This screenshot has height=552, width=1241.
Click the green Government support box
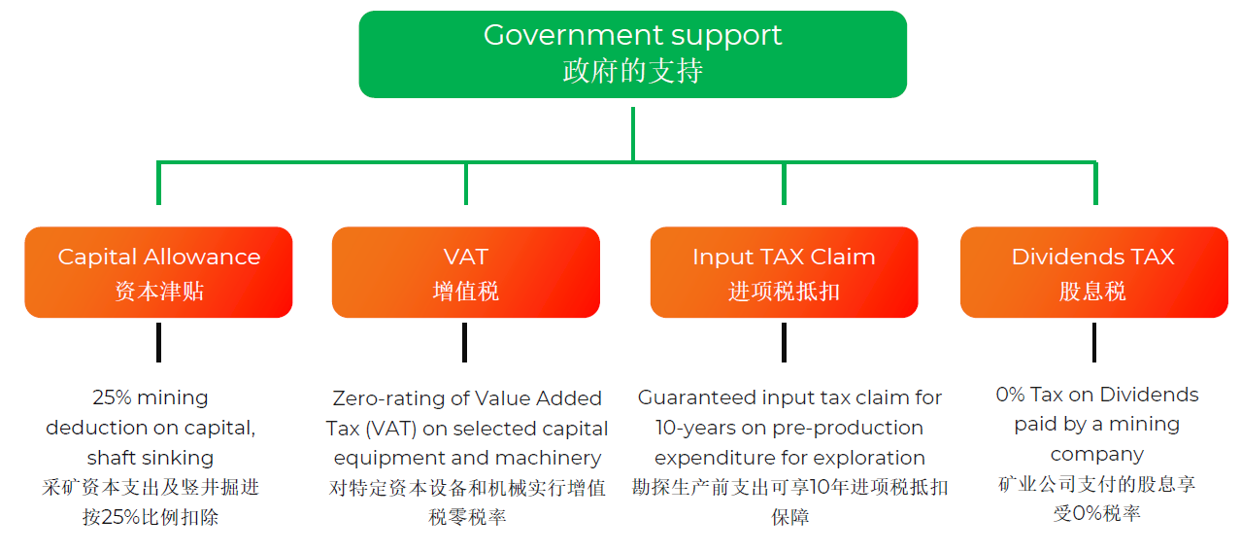[632, 53]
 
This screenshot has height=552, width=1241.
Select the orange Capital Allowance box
[158, 272]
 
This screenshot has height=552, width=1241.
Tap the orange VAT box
[465, 272]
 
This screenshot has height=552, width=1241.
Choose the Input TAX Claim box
[784, 272]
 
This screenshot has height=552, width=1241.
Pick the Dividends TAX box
[1093, 272]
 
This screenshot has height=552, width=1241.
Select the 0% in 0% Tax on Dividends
[1010, 395]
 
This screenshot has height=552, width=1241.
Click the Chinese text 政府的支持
[632, 72]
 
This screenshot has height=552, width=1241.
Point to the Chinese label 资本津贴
[159, 291]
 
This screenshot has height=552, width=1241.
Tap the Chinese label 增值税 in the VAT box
[465, 291]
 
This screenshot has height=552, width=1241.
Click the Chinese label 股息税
[1092, 291]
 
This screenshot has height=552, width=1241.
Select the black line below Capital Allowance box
[158, 342]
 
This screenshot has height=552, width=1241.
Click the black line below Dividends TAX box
[1093, 342]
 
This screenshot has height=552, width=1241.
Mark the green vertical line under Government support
[632, 133]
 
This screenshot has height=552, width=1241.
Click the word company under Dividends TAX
[1096, 454]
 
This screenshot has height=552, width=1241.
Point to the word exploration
[871, 458]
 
